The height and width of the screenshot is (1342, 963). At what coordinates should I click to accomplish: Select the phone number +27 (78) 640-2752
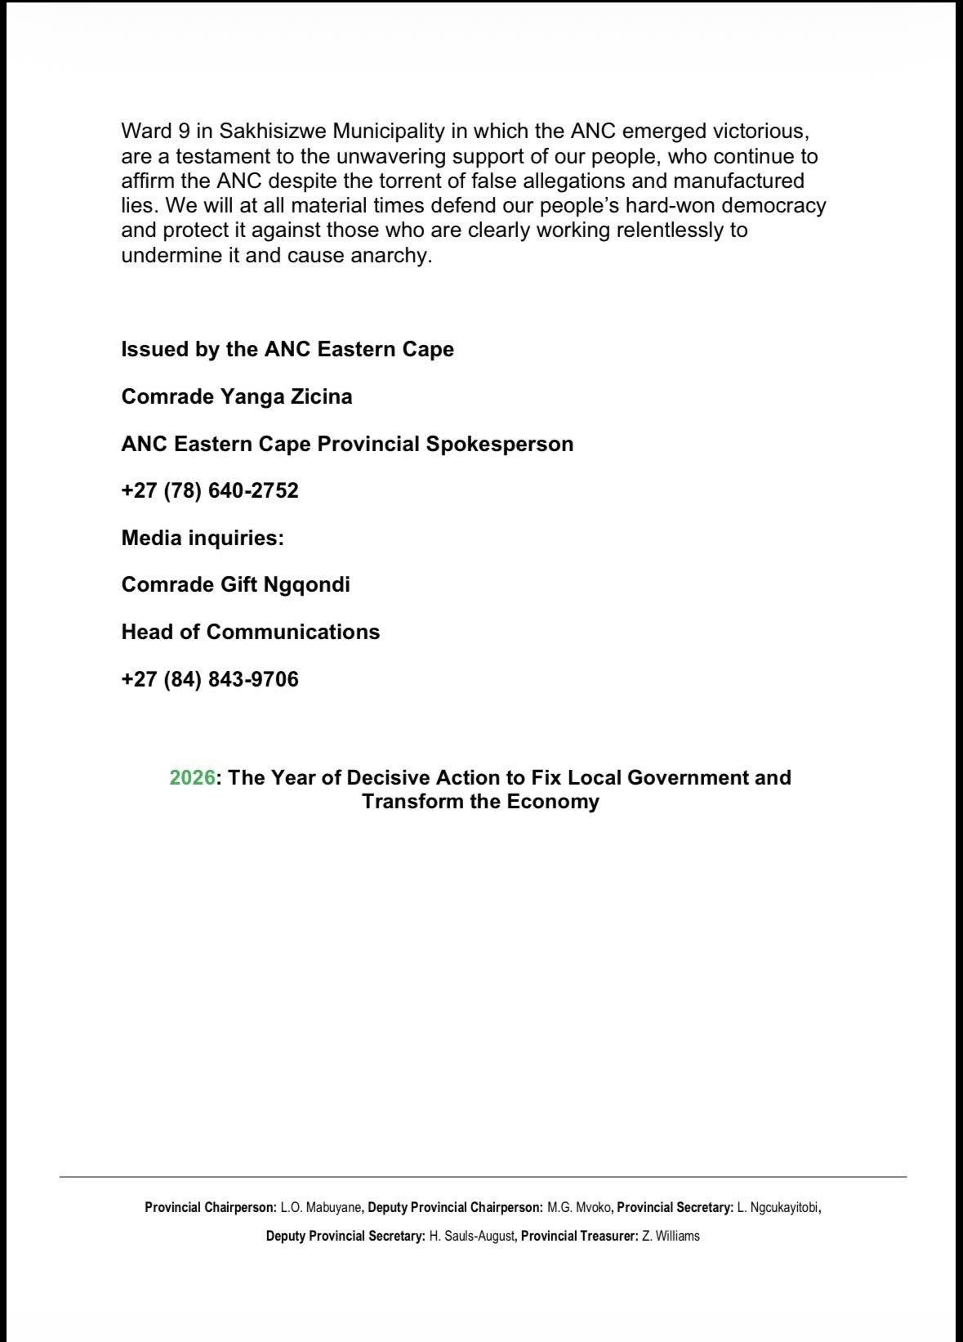pos(210,491)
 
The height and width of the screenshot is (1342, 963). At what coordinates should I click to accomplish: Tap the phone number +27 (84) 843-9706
pos(210,679)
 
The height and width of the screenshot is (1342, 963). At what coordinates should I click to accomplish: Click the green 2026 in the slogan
pos(193,777)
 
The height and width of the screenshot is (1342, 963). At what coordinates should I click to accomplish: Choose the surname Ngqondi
pos(306,585)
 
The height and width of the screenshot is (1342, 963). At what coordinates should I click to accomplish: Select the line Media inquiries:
pos(203,539)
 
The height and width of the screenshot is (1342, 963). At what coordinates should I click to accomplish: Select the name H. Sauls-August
pos(472,1236)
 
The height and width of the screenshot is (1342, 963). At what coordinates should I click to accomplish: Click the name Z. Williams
pos(671,1236)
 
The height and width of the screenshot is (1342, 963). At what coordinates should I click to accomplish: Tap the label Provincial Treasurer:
pos(579,1236)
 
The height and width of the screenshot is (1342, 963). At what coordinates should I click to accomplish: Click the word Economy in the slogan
pos(554,802)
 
